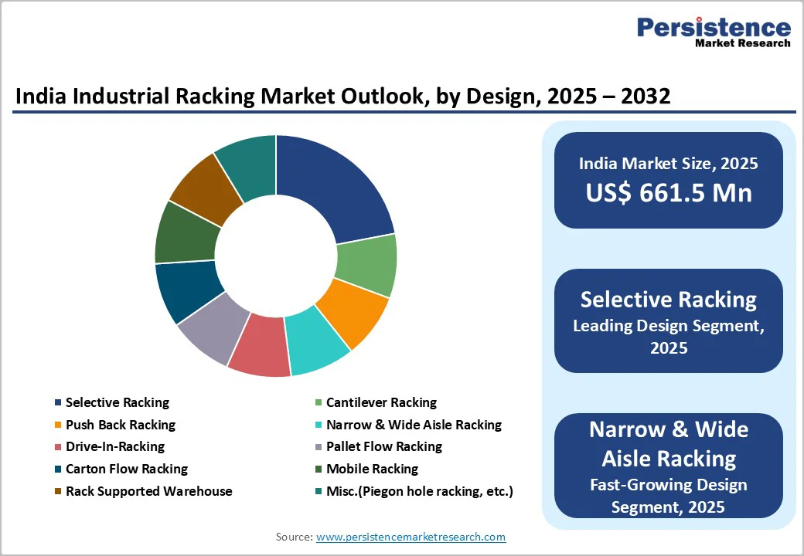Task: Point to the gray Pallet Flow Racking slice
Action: coord(208,331)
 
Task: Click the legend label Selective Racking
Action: coord(117,402)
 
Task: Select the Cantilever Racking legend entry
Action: coord(381,402)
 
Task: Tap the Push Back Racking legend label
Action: coord(120,425)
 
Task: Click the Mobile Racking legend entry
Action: coord(372,469)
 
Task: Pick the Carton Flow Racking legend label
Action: coord(126,469)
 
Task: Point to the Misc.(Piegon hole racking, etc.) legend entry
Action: coord(419,491)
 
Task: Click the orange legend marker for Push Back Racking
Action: coord(58,425)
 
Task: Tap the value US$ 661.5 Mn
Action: coord(668,192)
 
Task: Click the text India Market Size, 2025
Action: coord(668,163)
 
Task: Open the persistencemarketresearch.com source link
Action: coord(411,537)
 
